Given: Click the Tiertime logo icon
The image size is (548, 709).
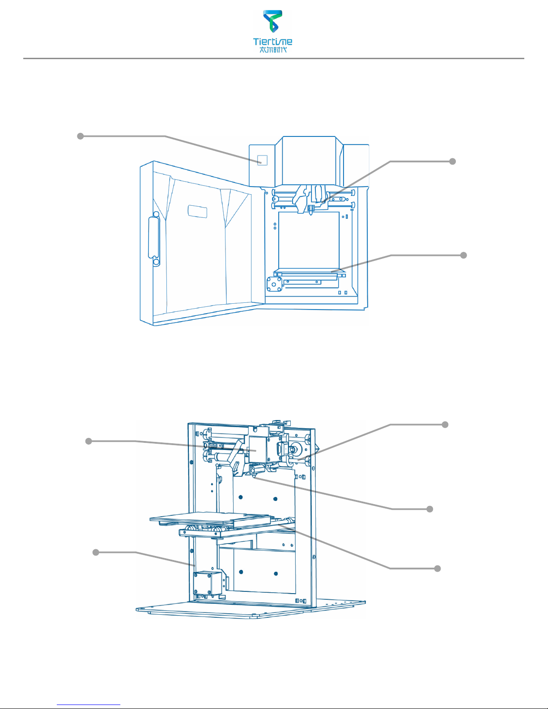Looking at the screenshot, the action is (x=273, y=21).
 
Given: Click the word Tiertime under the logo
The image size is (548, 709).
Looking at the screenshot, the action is (x=273, y=42).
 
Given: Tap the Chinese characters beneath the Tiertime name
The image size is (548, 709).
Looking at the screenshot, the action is (x=273, y=50).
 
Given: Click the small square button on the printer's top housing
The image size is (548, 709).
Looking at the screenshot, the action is (x=262, y=160).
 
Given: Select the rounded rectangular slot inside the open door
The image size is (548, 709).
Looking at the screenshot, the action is (x=197, y=212).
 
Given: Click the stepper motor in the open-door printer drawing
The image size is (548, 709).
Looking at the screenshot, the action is (x=275, y=284).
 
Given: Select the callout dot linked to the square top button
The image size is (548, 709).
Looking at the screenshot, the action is (x=80, y=136).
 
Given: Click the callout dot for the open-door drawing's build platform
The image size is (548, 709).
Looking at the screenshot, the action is (x=463, y=255).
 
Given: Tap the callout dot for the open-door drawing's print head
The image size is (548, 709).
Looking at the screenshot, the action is (x=452, y=161).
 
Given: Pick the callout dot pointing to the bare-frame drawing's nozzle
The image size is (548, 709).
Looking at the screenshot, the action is (x=430, y=509).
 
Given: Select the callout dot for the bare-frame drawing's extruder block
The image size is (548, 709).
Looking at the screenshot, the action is (x=89, y=441).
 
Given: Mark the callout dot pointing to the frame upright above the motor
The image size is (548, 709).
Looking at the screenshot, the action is (x=96, y=552).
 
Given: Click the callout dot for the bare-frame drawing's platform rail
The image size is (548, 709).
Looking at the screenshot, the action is (x=438, y=569).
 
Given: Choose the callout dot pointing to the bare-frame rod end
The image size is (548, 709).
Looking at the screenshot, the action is (x=445, y=425).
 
